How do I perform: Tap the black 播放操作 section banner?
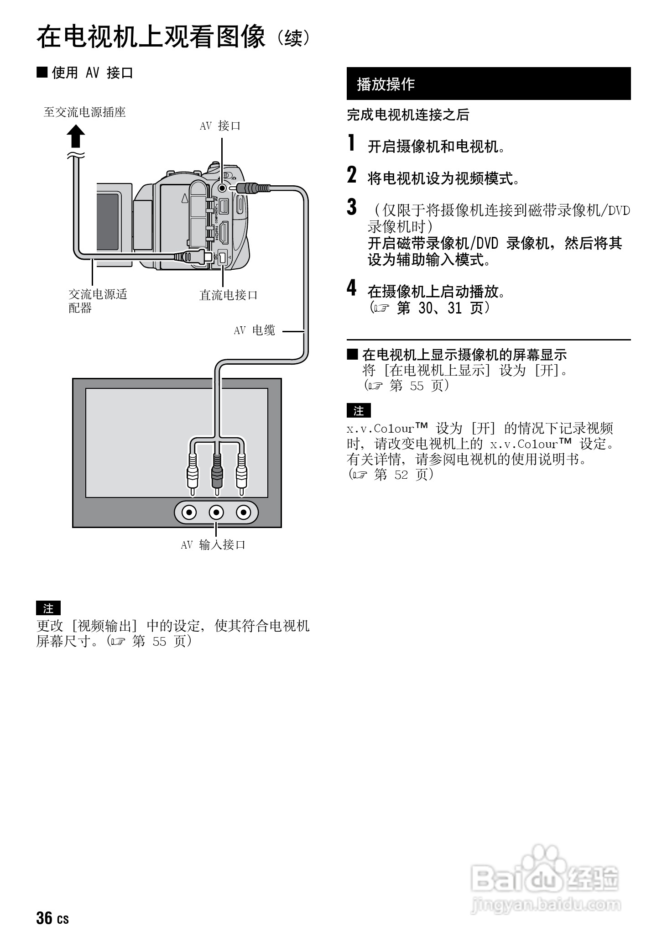(488, 84)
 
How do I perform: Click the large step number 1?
(351, 143)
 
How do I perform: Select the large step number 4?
(351, 288)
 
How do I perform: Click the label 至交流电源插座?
(84, 112)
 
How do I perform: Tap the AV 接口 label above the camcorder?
(220, 126)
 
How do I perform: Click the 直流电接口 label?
(229, 295)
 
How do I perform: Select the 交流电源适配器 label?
(97, 301)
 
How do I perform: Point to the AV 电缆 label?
(254, 330)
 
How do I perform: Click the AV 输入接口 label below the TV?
(213, 544)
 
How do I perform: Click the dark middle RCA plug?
(217, 475)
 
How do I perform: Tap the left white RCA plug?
(193, 475)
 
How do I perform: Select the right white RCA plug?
(241, 475)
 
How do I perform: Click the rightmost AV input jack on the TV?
(244, 513)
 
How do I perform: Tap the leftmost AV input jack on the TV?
(189, 513)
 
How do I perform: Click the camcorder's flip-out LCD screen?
(108, 221)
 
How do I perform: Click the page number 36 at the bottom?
(44, 918)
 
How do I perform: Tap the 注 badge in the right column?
(359, 411)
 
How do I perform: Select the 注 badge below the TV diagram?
(48, 608)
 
